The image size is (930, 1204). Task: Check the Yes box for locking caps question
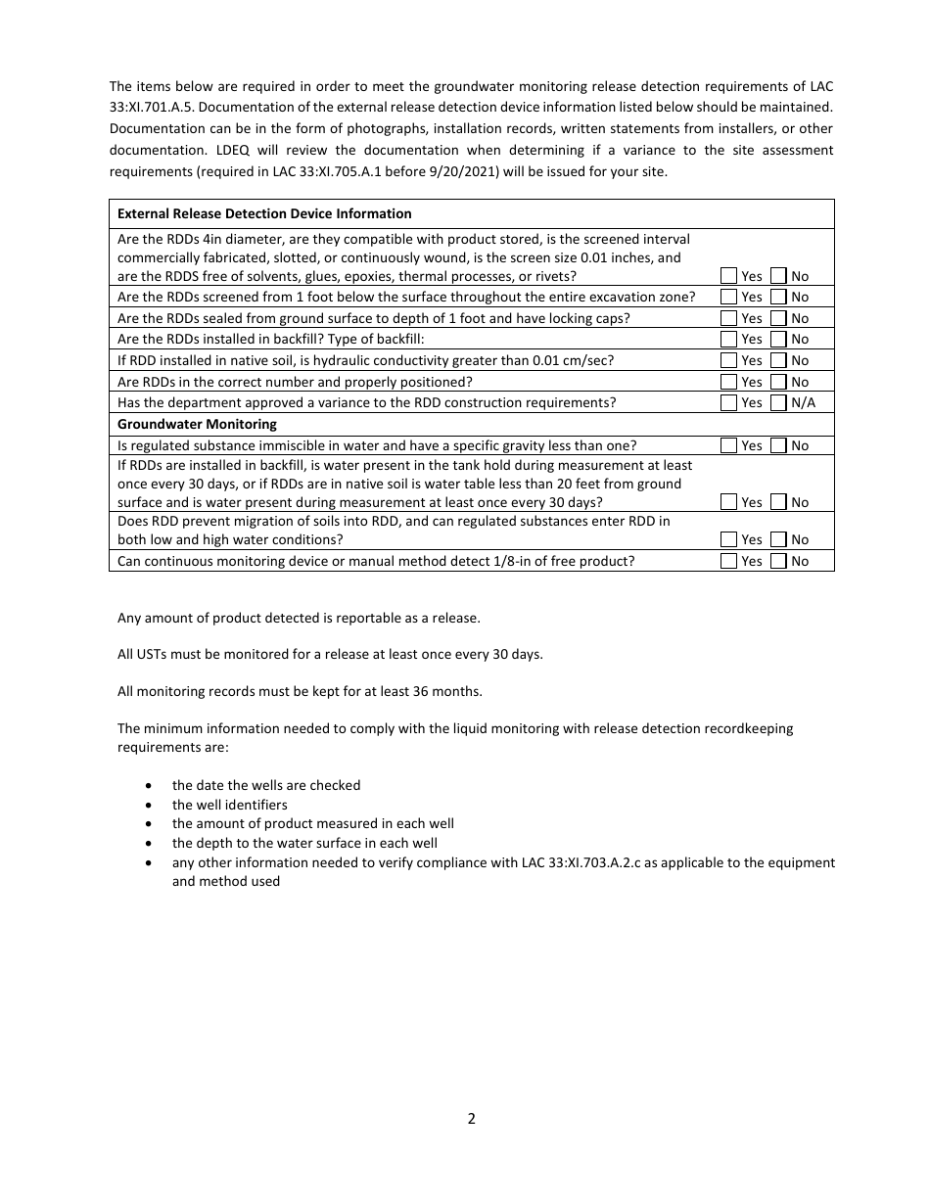click(x=728, y=318)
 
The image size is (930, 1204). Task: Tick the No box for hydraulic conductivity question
click(x=778, y=360)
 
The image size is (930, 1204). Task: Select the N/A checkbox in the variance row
click(x=778, y=402)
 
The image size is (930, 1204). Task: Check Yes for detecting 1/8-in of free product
click(x=728, y=561)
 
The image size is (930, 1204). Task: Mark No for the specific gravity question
click(x=778, y=445)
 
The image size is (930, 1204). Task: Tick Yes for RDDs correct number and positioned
click(x=728, y=382)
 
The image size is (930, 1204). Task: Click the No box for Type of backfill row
click(x=778, y=340)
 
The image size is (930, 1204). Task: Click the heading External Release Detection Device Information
click(x=264, y=213)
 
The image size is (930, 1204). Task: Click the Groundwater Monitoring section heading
click(x=197, y=424)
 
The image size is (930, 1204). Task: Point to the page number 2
click(x=471, y=1119)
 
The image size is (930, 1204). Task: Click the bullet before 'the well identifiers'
click(x=148, y=805)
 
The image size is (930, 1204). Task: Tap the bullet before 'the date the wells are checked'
click(x=148, y=785)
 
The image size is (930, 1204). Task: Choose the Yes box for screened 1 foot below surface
click(x=728, y=297)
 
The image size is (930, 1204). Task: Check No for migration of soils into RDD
click(x=778, y=539)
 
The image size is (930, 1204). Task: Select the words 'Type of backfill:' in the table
click(x=376, y=340)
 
